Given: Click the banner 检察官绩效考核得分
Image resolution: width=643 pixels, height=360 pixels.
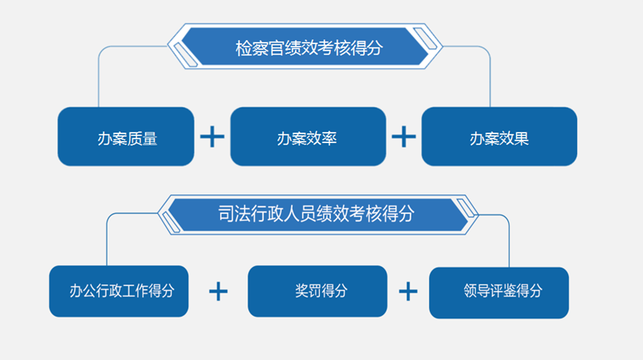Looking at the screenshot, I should click(309, 47).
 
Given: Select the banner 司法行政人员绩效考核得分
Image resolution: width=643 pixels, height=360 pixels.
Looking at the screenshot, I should click(316, 215).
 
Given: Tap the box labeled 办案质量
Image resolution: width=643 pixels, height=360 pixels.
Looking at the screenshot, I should click(126, 137).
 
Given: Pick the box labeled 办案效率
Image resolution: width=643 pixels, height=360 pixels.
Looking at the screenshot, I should click(308, 137).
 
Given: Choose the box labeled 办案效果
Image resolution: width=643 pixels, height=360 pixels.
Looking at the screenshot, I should click(498, 137).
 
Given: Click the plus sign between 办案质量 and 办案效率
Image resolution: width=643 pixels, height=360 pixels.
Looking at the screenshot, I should click(212, 137).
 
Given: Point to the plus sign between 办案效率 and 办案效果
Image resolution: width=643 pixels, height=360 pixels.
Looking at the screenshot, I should click(403, 137).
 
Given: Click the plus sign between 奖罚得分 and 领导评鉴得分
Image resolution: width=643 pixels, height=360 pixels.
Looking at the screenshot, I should click(409, 291).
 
